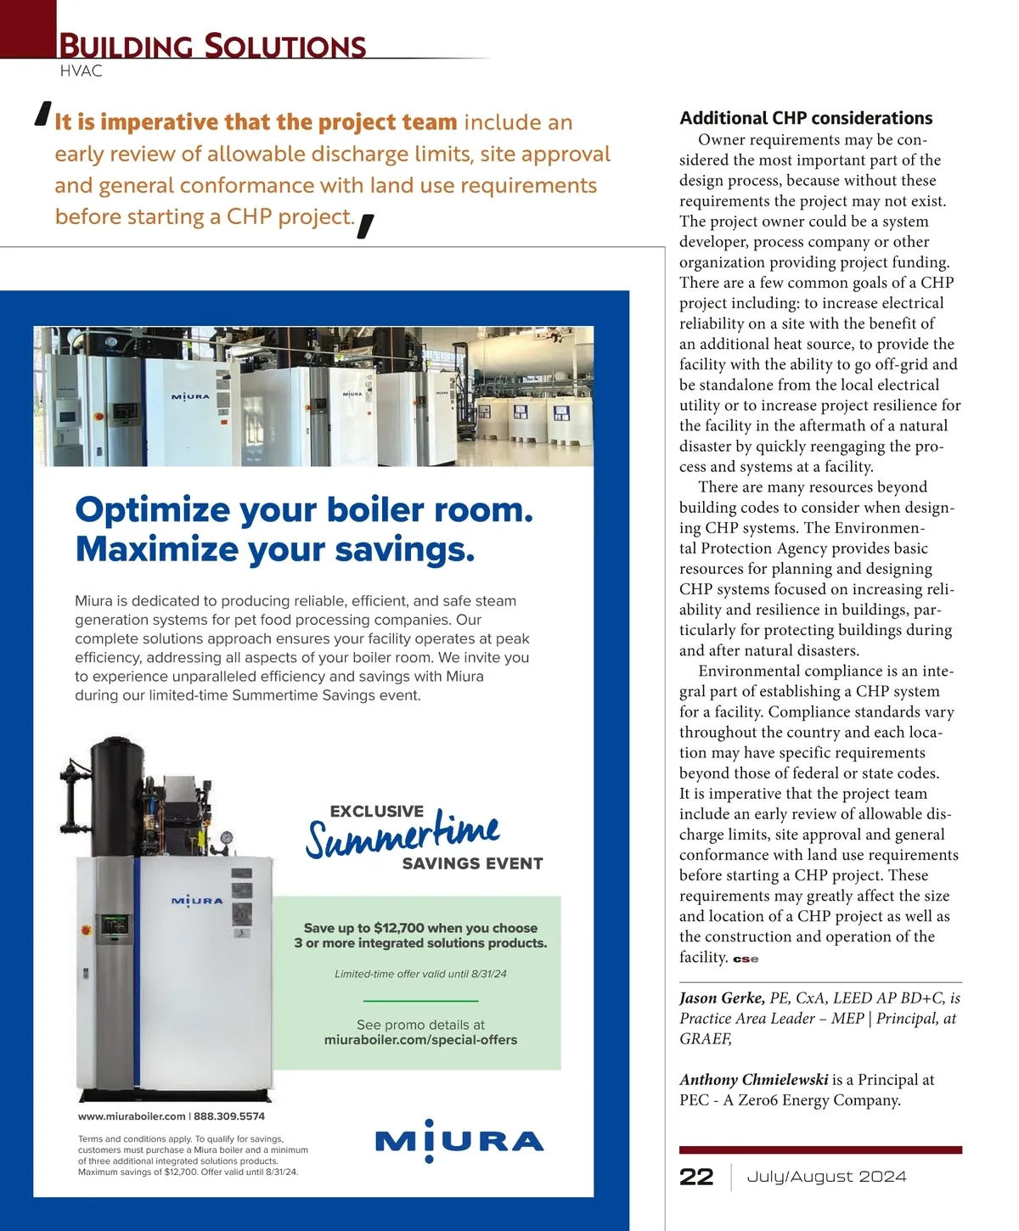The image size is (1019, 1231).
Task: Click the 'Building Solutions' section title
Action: (212, 45)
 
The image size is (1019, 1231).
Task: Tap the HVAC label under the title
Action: (82, 71)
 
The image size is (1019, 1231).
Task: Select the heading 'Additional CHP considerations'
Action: (806, 118)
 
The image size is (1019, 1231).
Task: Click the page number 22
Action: (696, 1177)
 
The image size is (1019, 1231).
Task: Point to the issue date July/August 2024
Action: (826, 1177)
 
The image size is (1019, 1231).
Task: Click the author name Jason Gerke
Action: (722, 998)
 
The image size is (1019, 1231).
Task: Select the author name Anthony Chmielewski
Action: (753, 1080)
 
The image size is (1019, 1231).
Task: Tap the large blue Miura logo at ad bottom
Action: (459, 1141)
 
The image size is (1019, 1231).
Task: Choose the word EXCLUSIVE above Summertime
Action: (376, 812)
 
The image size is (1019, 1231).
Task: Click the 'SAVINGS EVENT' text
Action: (472, 863)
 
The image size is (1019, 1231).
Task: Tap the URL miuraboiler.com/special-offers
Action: (420, 1040)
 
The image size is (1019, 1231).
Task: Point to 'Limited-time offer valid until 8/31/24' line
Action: (420, 974)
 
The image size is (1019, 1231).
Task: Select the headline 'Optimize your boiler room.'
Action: (304, 510)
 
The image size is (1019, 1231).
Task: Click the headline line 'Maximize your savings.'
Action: (274, 549)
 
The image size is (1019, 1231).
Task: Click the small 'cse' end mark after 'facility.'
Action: (746, 959)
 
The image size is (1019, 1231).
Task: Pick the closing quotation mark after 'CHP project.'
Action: (366, 227)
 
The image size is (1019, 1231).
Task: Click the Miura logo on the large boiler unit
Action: (197, 901)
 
